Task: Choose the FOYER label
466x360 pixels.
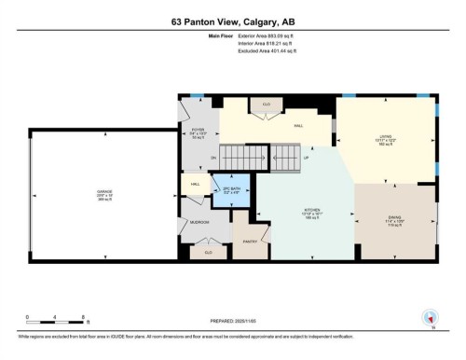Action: pyautogui.click(x=197, y=132)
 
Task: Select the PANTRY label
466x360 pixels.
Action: pyautogui.click(x=248, y=241)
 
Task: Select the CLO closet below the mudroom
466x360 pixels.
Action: pyautogui.click(x=209, y=252)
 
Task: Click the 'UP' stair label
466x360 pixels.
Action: pyautogui.click(x=305, y=158)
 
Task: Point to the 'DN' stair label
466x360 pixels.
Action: pyautogui.click(x=213, y=159)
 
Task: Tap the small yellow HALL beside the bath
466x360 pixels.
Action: pyautogui.click(x=197, y=186)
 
